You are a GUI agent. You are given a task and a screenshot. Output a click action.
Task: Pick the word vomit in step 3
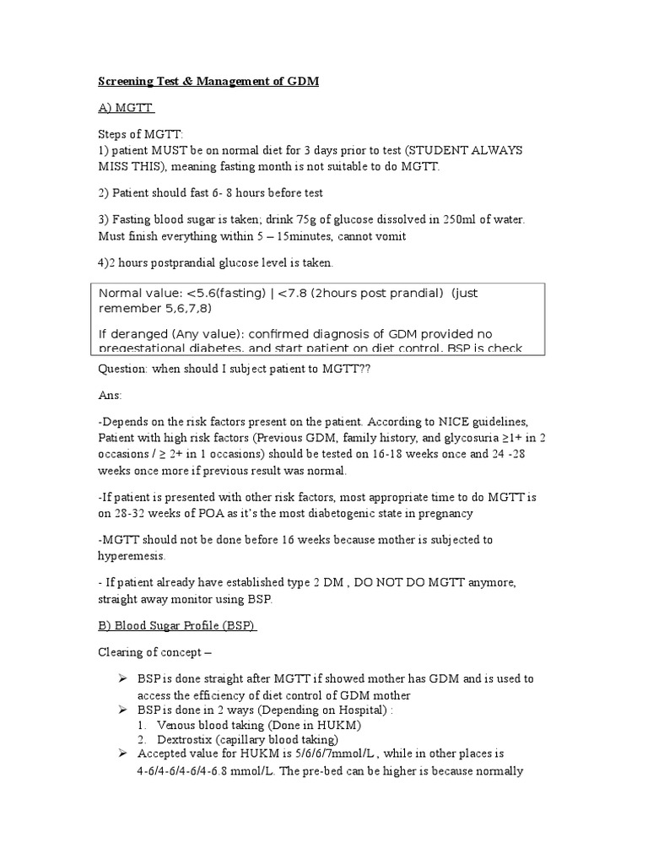(x=389, y=236)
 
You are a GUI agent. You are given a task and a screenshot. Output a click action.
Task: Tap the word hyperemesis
(x=132, y=557)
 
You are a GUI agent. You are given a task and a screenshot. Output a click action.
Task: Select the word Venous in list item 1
(x=181, y=724)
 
